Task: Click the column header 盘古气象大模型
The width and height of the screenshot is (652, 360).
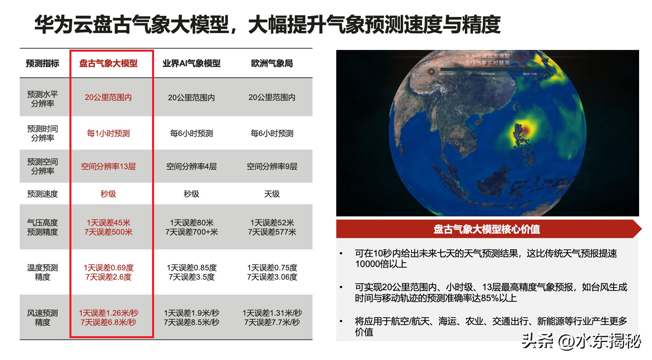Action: click(x=108, y=64)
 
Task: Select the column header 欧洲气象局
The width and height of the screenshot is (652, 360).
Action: click(x=272, y=64)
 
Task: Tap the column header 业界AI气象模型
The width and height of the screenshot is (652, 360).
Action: click(x=191, y=64)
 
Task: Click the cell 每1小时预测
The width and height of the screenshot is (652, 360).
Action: click(x=108, y=133)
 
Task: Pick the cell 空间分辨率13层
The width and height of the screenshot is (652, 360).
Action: click(x=108, y=166)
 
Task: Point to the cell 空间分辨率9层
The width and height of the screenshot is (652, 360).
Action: click(x=272, y=166)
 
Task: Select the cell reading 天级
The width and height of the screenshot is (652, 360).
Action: click(x=272, y=194)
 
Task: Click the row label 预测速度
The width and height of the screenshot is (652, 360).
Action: click(x=42, y=194)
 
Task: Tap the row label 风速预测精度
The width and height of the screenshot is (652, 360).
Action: click(x=42, y=317)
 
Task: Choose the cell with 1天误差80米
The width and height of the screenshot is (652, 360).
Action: click(x=191, y=223)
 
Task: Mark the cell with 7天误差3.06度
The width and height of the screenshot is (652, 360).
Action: click(x=272, y=277)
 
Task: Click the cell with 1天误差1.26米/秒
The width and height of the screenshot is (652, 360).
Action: click(x=108, y=313)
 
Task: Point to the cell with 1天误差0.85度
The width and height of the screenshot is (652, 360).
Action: click(x=191, y=268)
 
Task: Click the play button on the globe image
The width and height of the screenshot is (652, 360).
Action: click(x=431, y=71)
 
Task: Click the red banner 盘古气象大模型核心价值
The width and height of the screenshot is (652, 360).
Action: click(x=487, y=229)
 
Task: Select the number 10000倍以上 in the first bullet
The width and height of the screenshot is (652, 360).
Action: click(x=381, y=264)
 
